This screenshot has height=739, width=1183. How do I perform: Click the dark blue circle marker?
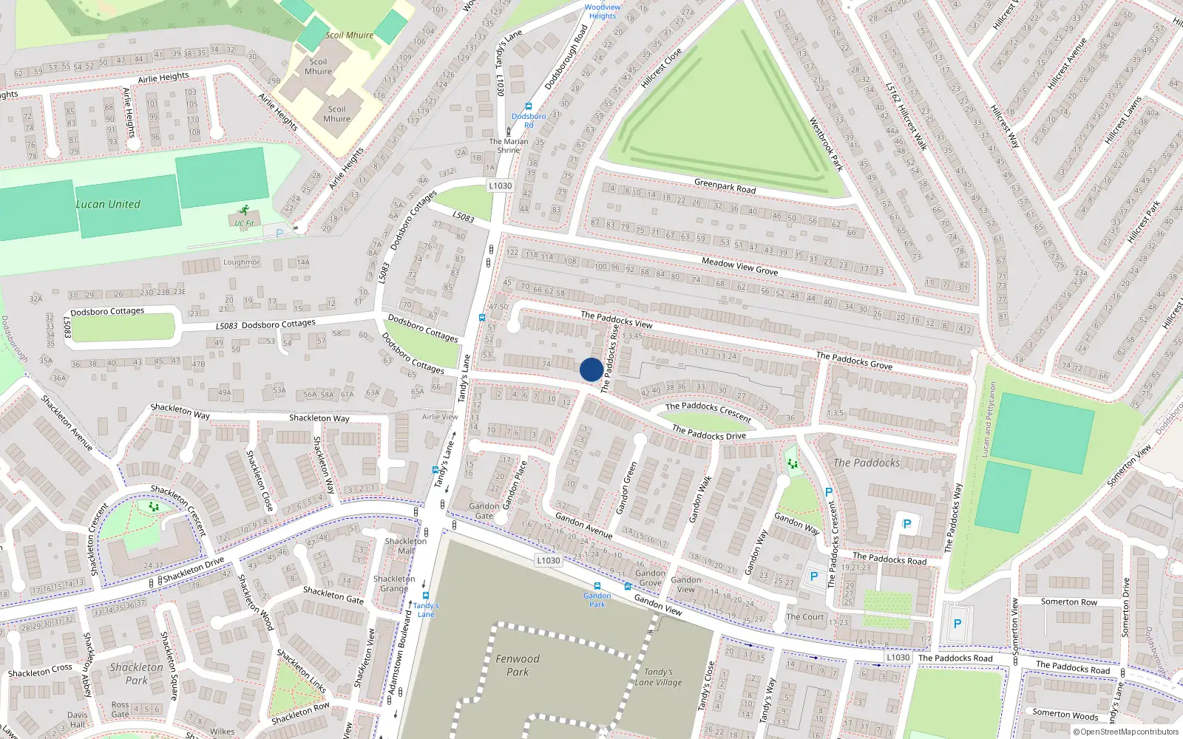coord(591,369)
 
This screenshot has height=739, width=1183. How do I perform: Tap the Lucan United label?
coord(108,204)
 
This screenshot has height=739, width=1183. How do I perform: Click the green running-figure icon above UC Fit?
coord(244,211)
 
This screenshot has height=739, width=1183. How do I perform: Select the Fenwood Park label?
coord(518,665)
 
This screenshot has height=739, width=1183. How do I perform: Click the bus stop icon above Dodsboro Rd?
coord(528,106)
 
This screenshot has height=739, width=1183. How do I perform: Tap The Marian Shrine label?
coord(509,146)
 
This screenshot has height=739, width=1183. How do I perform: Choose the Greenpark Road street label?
coord(725,185)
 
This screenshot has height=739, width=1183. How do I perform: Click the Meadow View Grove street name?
coord(739,266)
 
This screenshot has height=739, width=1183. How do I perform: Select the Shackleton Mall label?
coord(406,545)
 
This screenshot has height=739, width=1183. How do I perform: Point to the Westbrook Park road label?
coord(826,144)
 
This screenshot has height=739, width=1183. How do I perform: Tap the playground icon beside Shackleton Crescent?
coord(154,506)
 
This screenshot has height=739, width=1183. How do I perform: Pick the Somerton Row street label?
coord(1069,602)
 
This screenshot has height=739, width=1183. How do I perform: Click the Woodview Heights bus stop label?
coord(603,11)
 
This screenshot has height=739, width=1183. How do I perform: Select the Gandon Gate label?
coord(484,511)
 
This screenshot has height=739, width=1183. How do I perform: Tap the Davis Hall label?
coord(78,720)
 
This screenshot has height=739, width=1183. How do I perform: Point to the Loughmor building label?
coord(242,262)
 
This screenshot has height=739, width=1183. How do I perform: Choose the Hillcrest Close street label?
coord(661,69)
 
